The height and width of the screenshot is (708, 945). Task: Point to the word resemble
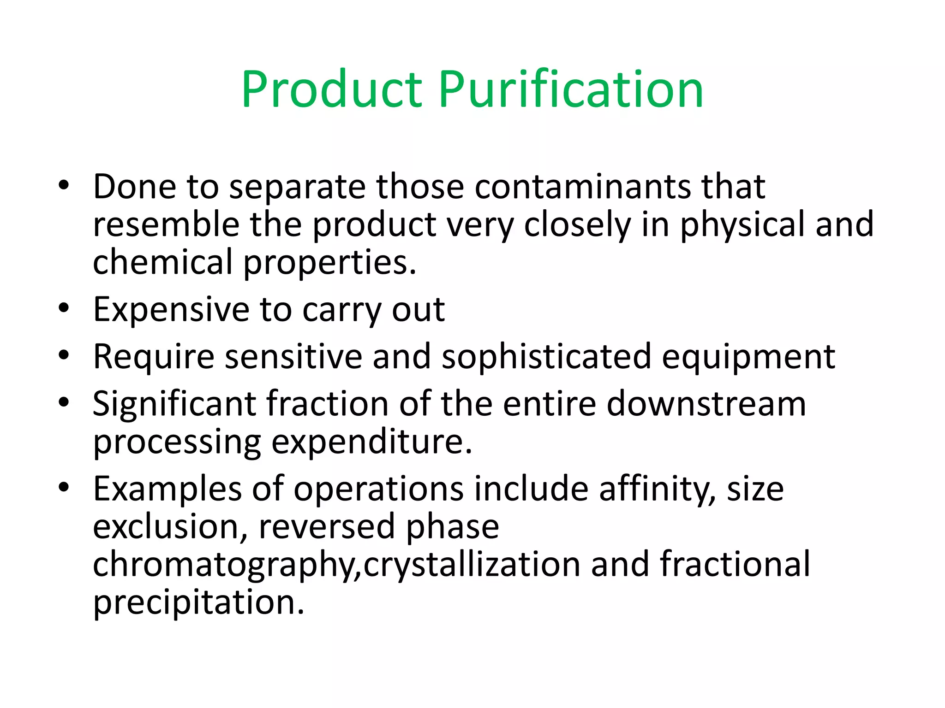166,224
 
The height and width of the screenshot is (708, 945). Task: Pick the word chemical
162,262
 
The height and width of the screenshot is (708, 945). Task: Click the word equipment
748,357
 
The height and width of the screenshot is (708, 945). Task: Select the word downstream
706,404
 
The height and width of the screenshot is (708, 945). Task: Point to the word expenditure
371,442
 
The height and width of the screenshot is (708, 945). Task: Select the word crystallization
472,565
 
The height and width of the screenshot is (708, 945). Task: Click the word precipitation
198,603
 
